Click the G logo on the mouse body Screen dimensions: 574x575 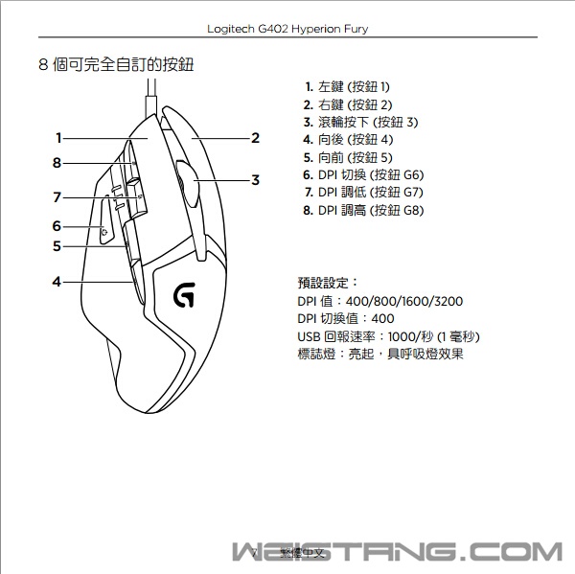[183, 296]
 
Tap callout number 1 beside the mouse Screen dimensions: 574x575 [58, 137]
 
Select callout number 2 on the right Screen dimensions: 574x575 [255, 138]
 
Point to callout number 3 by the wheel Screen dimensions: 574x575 [255, 179]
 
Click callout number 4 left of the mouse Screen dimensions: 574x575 [57, 282]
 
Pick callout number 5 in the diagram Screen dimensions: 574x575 [57, 246]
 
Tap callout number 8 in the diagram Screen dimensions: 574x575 [57, 162]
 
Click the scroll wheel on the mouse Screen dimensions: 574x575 [186, 179]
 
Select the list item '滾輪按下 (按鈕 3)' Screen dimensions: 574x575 [360, 122]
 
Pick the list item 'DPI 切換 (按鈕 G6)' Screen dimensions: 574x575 [362, 174]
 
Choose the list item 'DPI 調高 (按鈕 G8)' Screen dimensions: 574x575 [362, 210]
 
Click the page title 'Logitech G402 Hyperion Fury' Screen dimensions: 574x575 [287, 29]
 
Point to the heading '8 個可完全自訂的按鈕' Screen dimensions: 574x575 [122, 66]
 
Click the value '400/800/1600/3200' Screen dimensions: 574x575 [409, 301]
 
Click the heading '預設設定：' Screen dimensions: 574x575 [328, 283]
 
